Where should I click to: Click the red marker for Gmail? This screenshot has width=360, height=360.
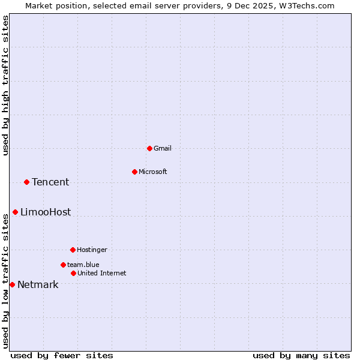(x=149, y=148)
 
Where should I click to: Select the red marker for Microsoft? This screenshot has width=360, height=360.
(x=134, y=172)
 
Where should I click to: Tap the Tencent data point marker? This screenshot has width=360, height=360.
(x=26, y=182)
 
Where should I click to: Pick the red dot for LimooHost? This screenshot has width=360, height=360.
(x=15, y=212)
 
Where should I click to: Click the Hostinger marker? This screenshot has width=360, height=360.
(x=73, y=250)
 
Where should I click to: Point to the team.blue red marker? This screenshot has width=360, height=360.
(x=63, y=265)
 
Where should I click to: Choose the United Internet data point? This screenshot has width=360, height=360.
(x=73, y=273)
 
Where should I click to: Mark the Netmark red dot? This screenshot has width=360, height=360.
(x=12, y=284)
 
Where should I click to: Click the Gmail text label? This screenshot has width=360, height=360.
(x=163, y=148)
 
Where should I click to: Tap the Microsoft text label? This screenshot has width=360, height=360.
(x=152, y=172)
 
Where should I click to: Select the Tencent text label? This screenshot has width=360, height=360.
(x=50, y=182)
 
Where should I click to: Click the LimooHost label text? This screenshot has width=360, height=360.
(x=46, y=212)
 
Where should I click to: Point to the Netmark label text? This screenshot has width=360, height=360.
(x=38, y=284)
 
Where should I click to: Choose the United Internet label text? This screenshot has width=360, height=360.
(x=101, y=273)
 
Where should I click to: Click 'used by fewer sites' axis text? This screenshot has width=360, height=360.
(x=62, y=355)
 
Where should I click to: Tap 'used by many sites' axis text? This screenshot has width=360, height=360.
(x=301, y=355)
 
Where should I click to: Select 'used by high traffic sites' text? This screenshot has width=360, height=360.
(x=5, y=85)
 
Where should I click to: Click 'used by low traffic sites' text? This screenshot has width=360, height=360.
(x=5, y=280)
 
